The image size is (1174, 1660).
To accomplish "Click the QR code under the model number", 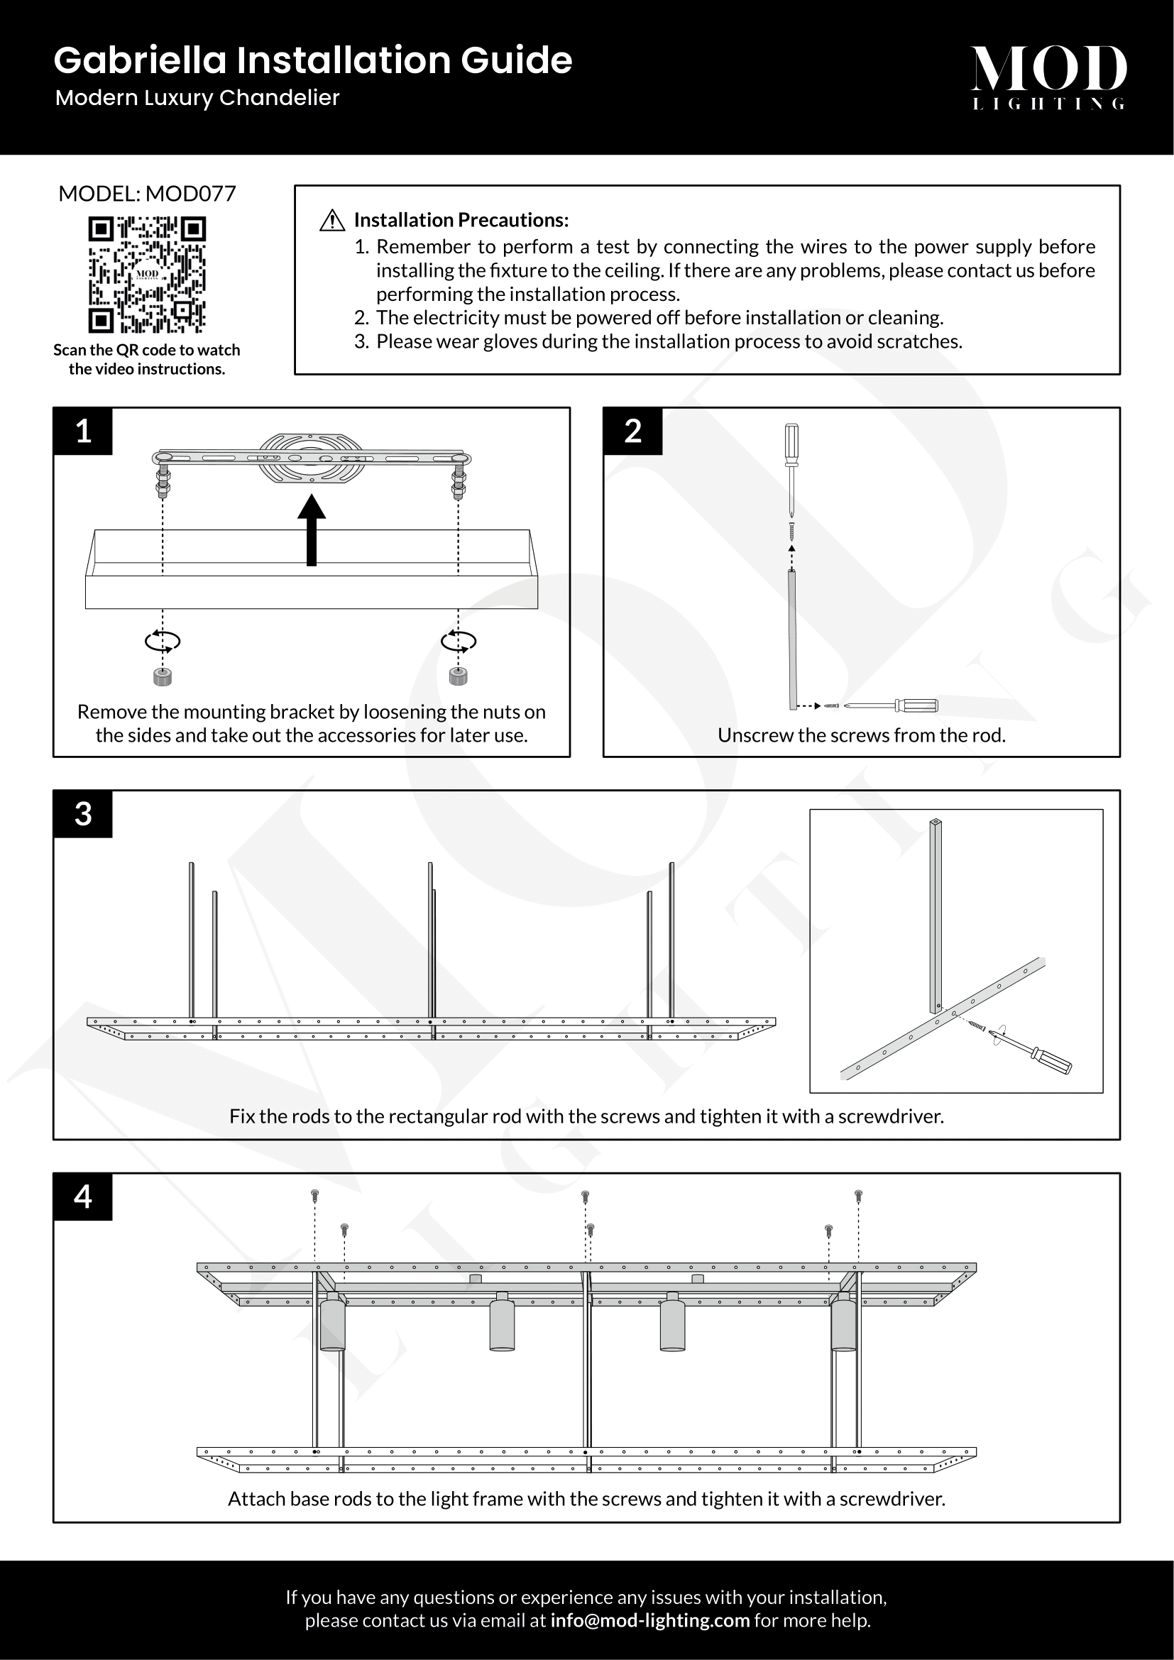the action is (x=147, y=275).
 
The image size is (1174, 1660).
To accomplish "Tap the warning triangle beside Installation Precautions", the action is (x=331, y=221).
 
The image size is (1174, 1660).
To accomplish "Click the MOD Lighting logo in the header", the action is (x=1048, y=77).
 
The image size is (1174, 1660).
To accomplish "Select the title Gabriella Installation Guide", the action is (x=313, y=60).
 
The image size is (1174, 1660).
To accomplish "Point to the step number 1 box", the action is (x=83, y=432).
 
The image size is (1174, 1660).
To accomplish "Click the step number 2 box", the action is (x=632, y=432).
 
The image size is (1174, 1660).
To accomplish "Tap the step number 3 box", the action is (x=83, y=814).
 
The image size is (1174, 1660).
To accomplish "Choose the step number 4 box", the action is (x=83, y=1197).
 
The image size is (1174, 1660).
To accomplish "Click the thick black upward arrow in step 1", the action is (x=312, y=530).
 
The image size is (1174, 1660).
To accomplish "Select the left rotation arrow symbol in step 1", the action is (x=163, y=641).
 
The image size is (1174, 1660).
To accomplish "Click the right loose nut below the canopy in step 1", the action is (x=459, y=676).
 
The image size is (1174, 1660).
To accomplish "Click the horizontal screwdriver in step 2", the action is (x=891, y=705).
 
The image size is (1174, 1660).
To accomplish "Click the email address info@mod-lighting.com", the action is (x=650, y=1620).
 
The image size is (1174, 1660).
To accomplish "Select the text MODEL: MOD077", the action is (x=147, y=194).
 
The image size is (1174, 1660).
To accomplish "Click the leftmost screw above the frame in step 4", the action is (x=314, y=1196).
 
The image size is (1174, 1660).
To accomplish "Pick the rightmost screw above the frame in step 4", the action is (x=858, y=1196).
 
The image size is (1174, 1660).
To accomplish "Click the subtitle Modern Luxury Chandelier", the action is (x=197, y=98).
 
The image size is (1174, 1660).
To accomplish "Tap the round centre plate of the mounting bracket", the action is (x=311, y=458).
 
